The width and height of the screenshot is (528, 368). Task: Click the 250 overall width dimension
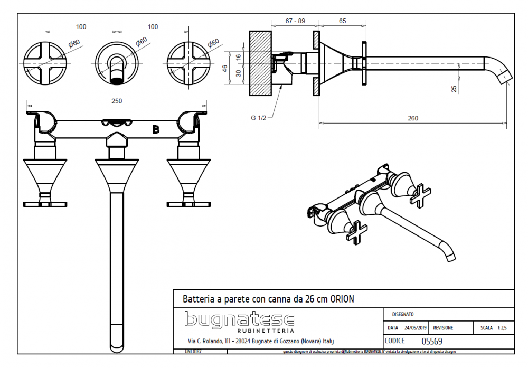(x=117, y=101)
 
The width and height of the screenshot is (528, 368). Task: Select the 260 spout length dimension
(x=413, y=118)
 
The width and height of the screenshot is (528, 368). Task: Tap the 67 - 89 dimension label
(x=295, y=21)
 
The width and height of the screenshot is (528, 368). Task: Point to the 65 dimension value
(x=342, y=21)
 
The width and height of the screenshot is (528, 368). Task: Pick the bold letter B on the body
(x=156, y=129)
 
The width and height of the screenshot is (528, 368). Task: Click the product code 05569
(x=431, y=341)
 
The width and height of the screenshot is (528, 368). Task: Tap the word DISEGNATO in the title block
(x=403, y=315)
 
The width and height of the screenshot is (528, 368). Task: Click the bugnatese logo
(x=239, y=319)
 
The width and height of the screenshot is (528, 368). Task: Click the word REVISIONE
(x=443, y=328)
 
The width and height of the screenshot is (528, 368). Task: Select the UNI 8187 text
(x=193, y=351)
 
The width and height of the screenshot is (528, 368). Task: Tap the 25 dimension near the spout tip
(x=454, y=89)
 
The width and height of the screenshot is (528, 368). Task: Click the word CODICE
(x=395, y=341)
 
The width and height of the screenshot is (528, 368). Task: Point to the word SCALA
(x=486, y=328)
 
